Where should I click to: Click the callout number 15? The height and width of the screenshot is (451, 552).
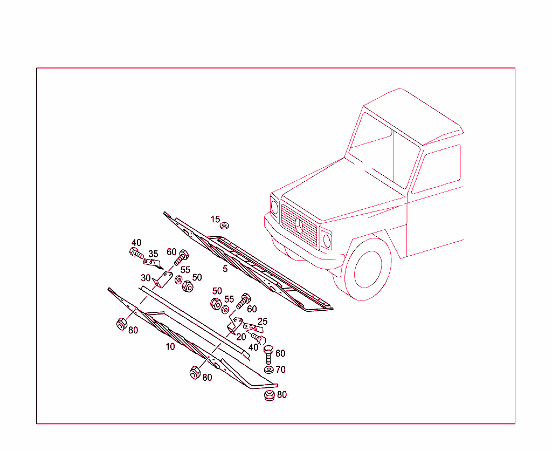(215, 220)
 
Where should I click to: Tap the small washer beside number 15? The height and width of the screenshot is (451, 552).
(224, 225)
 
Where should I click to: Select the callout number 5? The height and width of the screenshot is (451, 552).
(225, 269)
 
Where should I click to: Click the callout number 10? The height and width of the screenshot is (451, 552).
(170, 347)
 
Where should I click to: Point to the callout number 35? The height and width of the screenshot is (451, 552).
(153, 254)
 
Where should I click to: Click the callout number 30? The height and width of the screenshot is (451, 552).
(146, 278)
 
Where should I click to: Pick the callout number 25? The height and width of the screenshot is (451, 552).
(263, 322)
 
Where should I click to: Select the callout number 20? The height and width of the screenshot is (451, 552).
(241, 337)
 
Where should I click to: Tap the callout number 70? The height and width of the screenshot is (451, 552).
(280, 370)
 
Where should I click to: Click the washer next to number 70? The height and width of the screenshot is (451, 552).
(268, 370)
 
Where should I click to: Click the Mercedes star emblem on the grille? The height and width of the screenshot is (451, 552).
(299, 225)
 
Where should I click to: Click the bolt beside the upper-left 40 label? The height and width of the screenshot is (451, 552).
(136, 252)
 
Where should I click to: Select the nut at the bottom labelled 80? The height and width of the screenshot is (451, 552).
(270, 395)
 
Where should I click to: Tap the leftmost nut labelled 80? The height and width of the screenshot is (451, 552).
(122, 324)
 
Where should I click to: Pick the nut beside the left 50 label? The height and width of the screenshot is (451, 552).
(188, 286)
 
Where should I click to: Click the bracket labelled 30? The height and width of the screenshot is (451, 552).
(162, 279)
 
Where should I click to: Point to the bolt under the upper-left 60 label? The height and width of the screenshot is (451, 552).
(181, 257)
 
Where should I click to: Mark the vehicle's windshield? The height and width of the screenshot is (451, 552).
(384, 152)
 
